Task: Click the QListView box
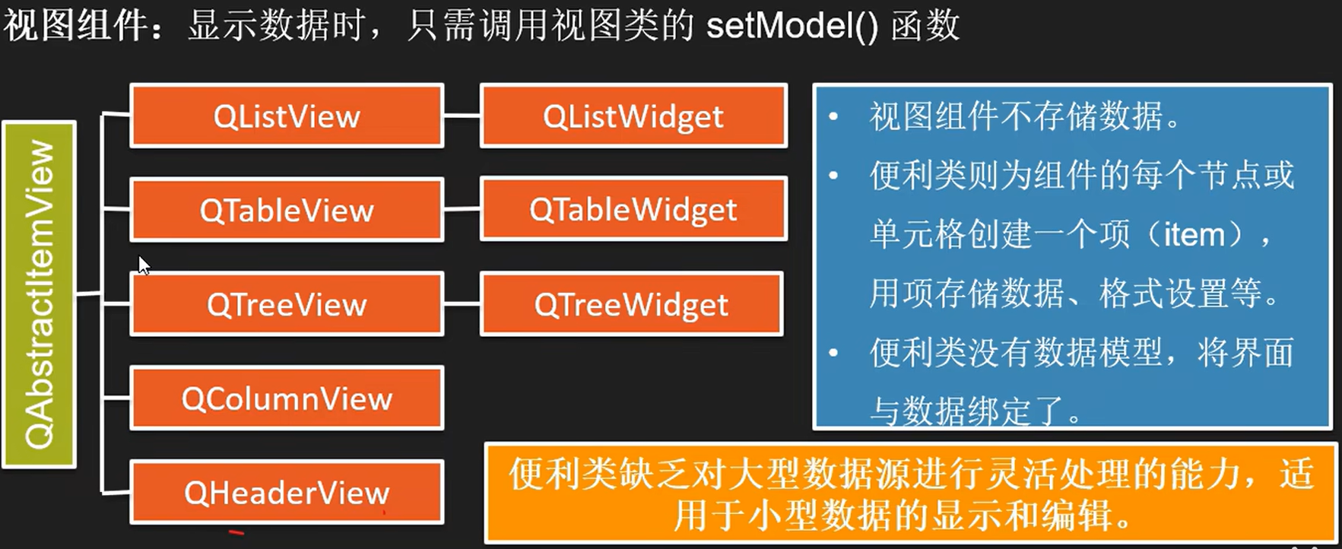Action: [287, 116]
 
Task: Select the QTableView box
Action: [287, 210]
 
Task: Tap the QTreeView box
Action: [287, 304]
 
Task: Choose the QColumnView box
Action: [287, 398]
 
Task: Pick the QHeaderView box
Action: [287, 493]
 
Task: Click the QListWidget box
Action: [633, 116]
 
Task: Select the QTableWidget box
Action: [633, 209]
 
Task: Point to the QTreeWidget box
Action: [631, 304]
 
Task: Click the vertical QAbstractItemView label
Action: [40, 294]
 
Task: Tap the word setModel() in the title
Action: [792, 26]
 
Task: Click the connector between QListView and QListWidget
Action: [462, 116]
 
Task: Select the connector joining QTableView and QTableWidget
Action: [462, 209]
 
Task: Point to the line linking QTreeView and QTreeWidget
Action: [462, 304]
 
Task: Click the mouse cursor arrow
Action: [143, 265]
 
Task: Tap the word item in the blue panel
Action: [1194, 234]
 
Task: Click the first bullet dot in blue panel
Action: [834, 117]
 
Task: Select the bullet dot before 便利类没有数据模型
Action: [834, 353]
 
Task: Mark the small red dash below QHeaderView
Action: [236, 532]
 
